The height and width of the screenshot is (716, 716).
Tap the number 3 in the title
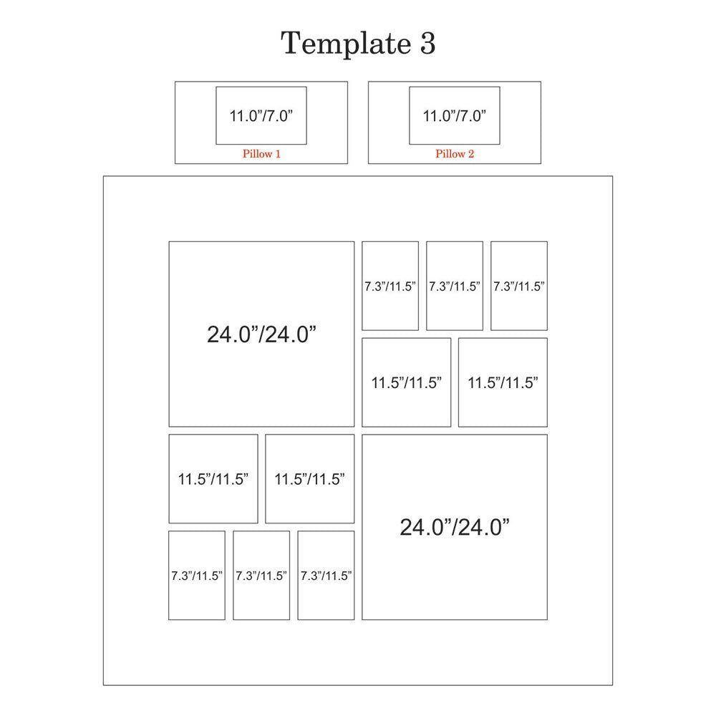(427, 44)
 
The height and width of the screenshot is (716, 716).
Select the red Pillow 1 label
(261, 154)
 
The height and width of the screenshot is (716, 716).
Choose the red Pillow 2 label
(455, 154)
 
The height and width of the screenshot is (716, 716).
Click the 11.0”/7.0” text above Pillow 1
(261, 115)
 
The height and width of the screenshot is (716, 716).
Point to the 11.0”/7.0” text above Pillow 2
(455, 115)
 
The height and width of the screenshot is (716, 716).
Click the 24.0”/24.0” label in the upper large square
(261, 334)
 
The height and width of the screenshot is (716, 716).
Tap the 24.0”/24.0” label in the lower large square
(455, 527)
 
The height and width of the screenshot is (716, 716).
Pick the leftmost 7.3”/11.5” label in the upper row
(390, 286)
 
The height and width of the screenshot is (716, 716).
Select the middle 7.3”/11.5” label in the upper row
(455, 286)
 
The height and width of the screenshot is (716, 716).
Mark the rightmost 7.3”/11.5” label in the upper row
(518, 286)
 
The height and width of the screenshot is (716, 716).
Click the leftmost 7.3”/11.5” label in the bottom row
(197, 576)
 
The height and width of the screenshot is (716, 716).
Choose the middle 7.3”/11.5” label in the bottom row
(261, 576)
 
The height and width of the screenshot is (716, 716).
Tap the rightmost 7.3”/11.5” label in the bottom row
(326, 576)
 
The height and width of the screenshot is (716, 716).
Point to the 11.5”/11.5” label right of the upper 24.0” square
(407, 382)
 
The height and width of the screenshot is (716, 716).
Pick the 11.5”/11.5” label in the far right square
(503, 382)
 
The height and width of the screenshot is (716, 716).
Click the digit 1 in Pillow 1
(278, 154)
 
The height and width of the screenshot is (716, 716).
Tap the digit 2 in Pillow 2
(471, 154)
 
